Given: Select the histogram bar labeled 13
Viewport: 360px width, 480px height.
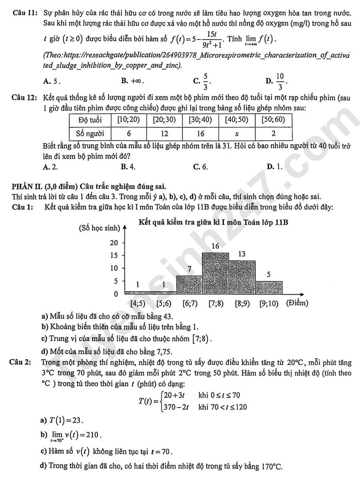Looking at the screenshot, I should (242, 277).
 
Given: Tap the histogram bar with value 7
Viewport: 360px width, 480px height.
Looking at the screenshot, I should (189, 285).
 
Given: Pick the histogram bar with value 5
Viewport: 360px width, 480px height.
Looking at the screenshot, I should (269, 287).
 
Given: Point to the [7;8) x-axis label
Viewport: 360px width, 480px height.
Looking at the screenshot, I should (216, 303).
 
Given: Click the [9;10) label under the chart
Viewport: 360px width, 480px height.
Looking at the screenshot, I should (269, 303).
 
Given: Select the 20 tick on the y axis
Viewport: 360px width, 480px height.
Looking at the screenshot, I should (114, 242).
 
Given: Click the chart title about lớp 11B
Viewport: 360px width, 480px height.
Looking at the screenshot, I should (213, 222).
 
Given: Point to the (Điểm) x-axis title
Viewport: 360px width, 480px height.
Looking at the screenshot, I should (297, 303).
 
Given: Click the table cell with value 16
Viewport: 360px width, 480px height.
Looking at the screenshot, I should (201, 133).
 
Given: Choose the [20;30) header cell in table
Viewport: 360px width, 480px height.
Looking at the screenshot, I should (164, 120).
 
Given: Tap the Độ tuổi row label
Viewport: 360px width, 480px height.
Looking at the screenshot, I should (90, 120).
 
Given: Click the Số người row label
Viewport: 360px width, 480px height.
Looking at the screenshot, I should (90, 133).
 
